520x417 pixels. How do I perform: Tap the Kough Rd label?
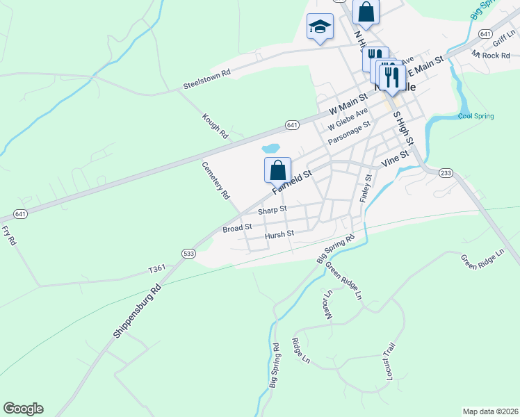[215, 125]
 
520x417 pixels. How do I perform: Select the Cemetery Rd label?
[216, 181]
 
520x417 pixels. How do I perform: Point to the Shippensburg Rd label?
[137, 311]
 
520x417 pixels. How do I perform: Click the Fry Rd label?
[8, 234]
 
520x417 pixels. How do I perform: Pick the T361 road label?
[156, 269]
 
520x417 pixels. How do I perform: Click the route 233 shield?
[446, 173]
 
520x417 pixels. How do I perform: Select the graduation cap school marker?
[320, 27]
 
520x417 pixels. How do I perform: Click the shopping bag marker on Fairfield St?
[277, 170]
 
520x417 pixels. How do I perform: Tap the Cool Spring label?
[476, 116]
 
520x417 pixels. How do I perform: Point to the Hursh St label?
[280, 236]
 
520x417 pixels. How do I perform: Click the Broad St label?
[237, 227]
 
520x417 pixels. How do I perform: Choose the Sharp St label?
[272, 210]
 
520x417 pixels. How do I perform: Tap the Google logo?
[23, 409]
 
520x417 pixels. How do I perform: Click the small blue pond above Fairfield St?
[270, 148]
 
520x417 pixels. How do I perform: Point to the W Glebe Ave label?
[348, 120]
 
